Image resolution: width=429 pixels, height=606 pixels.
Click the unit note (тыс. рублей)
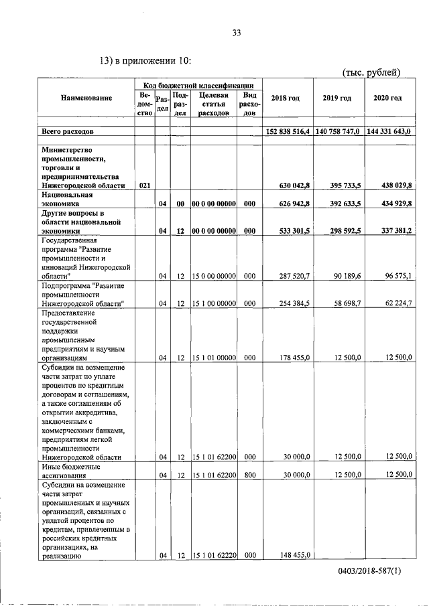point(371,72)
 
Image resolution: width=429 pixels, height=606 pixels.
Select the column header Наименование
point(86,98)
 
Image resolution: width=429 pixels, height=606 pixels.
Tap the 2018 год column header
point(285,98)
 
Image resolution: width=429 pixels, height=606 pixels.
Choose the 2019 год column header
point(337,98)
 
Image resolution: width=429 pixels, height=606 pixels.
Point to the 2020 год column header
point(387,98)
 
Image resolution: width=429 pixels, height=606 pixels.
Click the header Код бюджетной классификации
point(198,85)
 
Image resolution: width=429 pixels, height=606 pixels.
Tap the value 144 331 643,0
point(390,132)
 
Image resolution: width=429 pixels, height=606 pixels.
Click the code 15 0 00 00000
point(213,275)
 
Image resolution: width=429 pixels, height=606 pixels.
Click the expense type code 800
point(249,475)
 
